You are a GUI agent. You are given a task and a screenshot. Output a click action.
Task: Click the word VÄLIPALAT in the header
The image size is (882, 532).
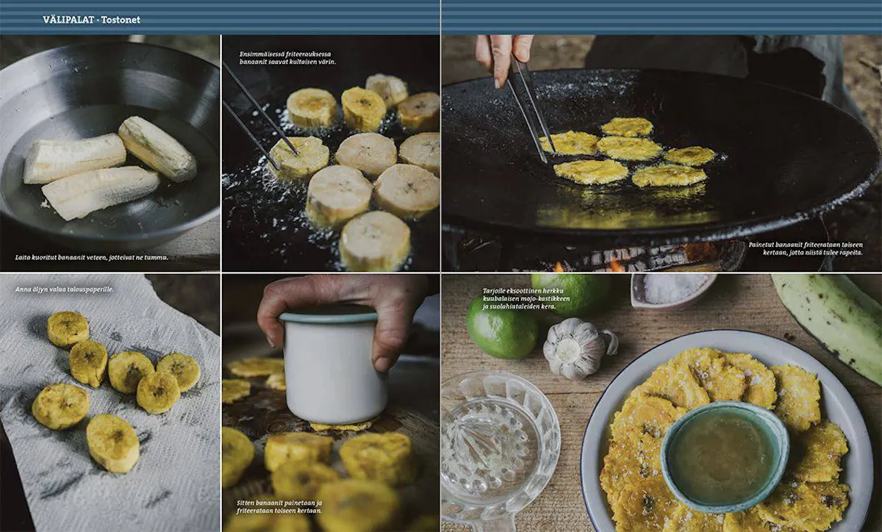69,20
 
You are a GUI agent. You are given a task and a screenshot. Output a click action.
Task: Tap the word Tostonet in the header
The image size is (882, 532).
121,20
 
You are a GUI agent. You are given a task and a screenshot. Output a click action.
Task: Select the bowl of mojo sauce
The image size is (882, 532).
725,458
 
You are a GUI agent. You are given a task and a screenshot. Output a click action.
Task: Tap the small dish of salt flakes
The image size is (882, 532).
673,290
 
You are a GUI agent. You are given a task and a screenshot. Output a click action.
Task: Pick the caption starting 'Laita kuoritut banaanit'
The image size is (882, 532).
92,257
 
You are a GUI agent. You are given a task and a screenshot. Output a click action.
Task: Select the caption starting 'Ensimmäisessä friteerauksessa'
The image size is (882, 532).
288,58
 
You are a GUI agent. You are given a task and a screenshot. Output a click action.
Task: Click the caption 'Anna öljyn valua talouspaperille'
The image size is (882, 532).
64,290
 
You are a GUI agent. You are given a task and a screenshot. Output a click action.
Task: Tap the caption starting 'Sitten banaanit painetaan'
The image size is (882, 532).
279,507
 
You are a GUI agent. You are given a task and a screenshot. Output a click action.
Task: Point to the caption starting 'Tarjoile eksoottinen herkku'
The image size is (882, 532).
526,298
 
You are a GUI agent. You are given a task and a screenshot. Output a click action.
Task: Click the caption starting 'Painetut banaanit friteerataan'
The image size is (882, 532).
806,248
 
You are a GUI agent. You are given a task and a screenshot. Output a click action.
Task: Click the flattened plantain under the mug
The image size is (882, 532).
340,426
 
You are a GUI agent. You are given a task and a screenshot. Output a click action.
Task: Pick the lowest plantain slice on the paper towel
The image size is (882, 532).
112,443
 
